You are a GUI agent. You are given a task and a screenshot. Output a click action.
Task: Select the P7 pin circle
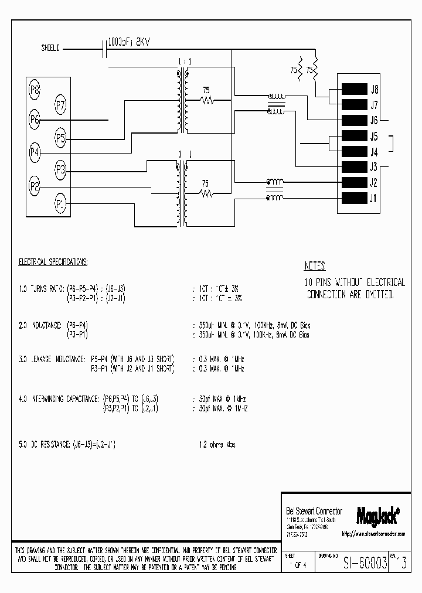(60, 105)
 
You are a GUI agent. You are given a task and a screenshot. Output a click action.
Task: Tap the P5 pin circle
(60, 139)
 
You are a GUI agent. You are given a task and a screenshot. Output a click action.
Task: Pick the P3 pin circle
(60, 171)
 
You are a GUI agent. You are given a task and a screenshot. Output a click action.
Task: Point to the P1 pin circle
(60, 204)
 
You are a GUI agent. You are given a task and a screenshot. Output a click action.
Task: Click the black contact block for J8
(353, 90)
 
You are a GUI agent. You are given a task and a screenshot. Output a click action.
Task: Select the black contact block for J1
(353, 197)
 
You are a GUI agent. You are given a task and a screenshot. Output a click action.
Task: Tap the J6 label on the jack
(374, 120)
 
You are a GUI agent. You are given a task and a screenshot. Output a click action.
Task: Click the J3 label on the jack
(374, 166)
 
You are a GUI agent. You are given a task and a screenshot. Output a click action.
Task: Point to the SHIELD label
(50, 49)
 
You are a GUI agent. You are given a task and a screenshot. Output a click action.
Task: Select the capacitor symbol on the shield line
(104, 49)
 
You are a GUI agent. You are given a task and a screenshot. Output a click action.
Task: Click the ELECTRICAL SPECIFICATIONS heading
(53, 261)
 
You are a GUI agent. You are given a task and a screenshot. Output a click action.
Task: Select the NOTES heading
(315, 265)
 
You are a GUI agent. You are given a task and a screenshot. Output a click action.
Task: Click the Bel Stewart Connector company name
(314, 511)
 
